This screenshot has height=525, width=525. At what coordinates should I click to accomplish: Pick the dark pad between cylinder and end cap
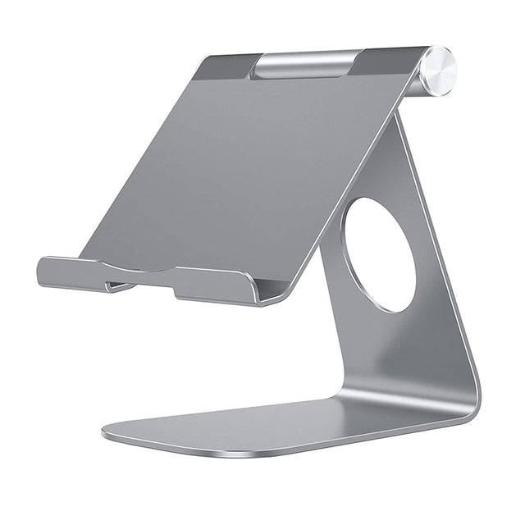click(x=387, y=61)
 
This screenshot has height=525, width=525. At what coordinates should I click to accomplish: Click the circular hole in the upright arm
click(x=378, y=254)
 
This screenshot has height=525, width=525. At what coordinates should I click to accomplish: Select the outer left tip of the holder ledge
click(x=41, y=271)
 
